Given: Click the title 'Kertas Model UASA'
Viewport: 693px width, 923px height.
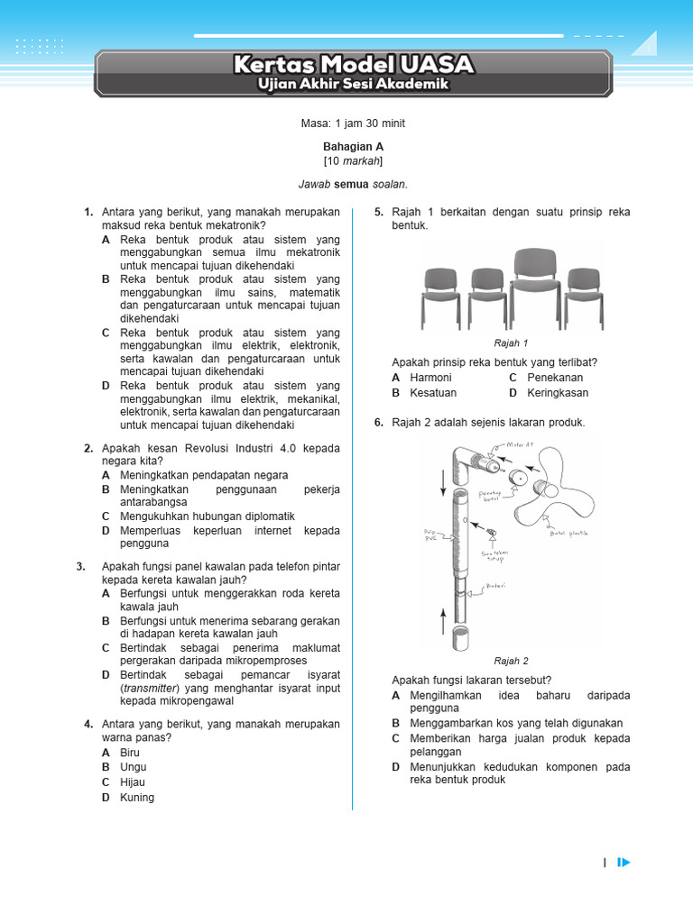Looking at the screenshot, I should tap(353, 65).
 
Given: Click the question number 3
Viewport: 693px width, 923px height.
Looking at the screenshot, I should tap(81, 566).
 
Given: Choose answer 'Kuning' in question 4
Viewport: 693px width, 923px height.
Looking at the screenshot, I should tap(137, 797).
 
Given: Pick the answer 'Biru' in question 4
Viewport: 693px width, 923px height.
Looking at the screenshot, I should tap(130, 752).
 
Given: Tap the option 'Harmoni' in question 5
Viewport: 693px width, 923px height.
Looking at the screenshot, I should tap(430, 378).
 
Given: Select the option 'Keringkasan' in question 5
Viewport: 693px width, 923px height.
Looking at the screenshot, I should tap(558, 393).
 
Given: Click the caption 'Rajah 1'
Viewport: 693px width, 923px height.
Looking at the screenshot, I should tap(511, 343).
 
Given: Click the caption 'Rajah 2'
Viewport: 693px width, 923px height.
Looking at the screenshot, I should tap(511, 661).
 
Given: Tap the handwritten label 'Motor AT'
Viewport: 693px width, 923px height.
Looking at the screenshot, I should tap(522, 443).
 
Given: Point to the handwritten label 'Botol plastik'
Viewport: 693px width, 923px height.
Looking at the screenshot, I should tap(568, 534).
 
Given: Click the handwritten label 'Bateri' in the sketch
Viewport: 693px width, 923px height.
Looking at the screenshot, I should tap(496, 585).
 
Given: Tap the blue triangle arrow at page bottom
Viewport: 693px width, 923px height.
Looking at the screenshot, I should tap(624, 863).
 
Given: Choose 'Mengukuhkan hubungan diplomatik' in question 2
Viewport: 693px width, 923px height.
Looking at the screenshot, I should tap(208, 516).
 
